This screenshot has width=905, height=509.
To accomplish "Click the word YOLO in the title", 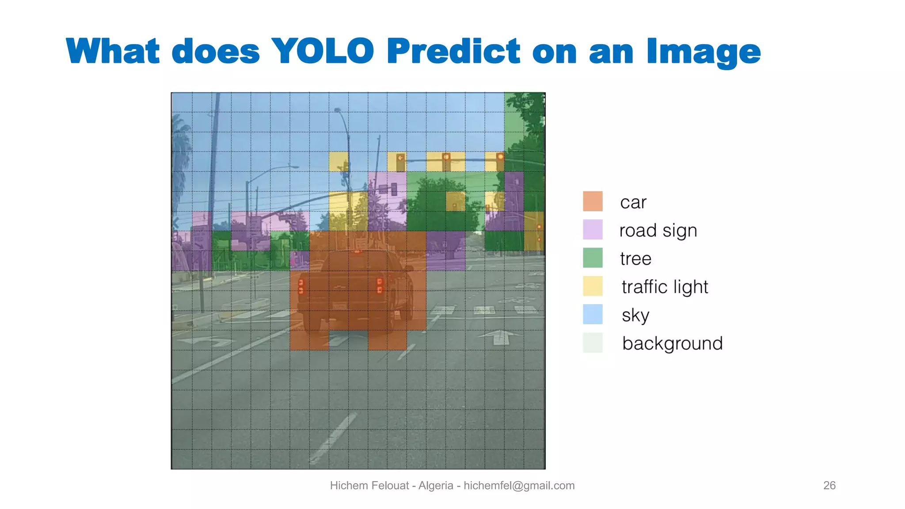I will (x=323, y=51).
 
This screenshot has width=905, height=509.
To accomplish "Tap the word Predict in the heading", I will (x=453, y=51).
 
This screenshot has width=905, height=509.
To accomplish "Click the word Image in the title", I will (x=703, y=52).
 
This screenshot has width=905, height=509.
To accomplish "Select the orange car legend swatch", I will (x=593, y=201).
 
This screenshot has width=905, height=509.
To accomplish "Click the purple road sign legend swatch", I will (x=593, y=229).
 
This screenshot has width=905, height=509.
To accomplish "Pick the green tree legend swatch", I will (x=593, y=258).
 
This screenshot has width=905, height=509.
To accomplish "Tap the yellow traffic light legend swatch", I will (x=593, y=286).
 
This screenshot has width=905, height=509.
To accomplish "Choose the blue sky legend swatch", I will (x=593, y=314).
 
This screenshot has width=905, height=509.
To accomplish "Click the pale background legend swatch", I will (x=593, y=342).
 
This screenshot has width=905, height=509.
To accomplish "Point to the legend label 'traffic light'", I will (x=665, y=287).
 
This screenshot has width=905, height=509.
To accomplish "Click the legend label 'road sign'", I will (x=658, y=231).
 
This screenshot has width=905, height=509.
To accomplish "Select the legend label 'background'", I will (x=672, y=343).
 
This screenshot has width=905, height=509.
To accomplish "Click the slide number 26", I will (x=829, y=485).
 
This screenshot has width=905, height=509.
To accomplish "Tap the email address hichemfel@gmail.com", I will (x=519, y=486).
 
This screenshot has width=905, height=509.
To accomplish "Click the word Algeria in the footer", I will (x=436, y=486).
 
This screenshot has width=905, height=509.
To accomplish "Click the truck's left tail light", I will (x=301, y=286).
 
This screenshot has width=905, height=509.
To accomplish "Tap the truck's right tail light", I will (x=380, y=285).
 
